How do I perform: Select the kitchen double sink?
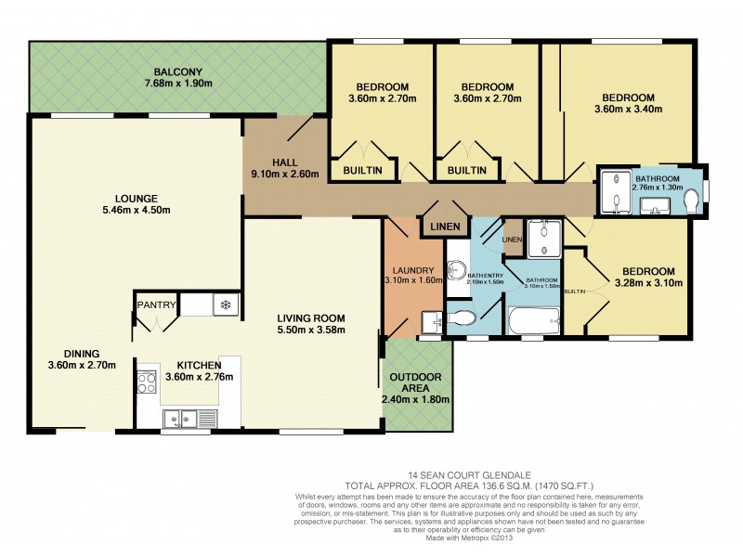pyautogui.click(x=189, y=418)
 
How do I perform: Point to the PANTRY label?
pyautogui.click(x=154, y=304)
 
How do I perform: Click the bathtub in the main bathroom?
pyautogui.click(x=532, y=323)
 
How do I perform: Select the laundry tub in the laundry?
pyautogui.click(x=430, y=320)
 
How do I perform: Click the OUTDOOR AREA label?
pyautogui.click(x=416, y=383)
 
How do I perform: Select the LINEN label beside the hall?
pyautogui.click(x=438, y=226)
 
